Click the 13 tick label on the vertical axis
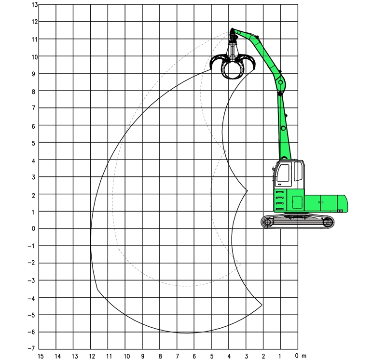pyautogui.click(x=35, y=5)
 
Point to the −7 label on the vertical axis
pyautogui.click(x=32, y=348)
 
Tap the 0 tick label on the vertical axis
pyautogui.click(x=33, y=229)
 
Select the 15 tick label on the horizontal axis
pyautogui.click(x=41, y=356)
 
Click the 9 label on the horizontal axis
pyautogui.click(x=142, y=356)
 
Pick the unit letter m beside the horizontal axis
pyautogui.click(x=304, y=356)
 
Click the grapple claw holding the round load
pyautogui.click(x=233, y=66)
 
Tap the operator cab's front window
pyautogui.click(x=283, y=173)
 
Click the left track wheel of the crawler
pyautogui.click(x=268, y=222)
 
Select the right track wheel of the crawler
pyautogui.click(x=327, y=222)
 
